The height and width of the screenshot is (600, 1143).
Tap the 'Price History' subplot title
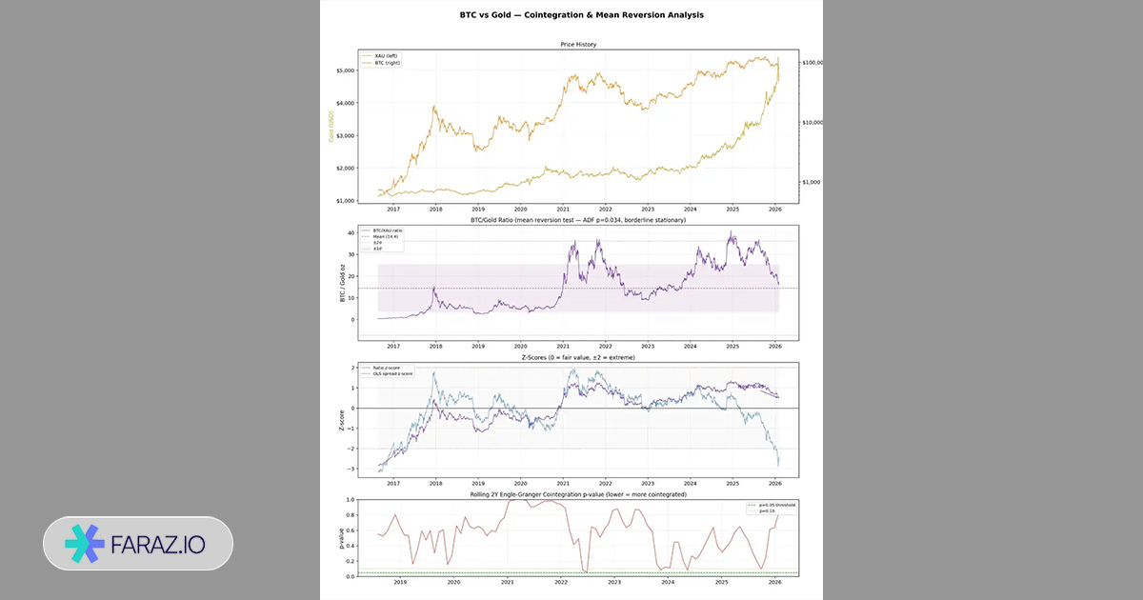coord(578,44)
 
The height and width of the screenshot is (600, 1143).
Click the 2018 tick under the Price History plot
coord(435,209)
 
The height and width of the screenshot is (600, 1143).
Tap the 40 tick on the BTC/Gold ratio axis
coord(351,233)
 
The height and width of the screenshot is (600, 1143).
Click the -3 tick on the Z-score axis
coord(352,470)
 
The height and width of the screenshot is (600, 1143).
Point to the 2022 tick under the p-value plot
coord(561,581)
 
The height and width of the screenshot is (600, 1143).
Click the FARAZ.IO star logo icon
coord(85,543)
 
